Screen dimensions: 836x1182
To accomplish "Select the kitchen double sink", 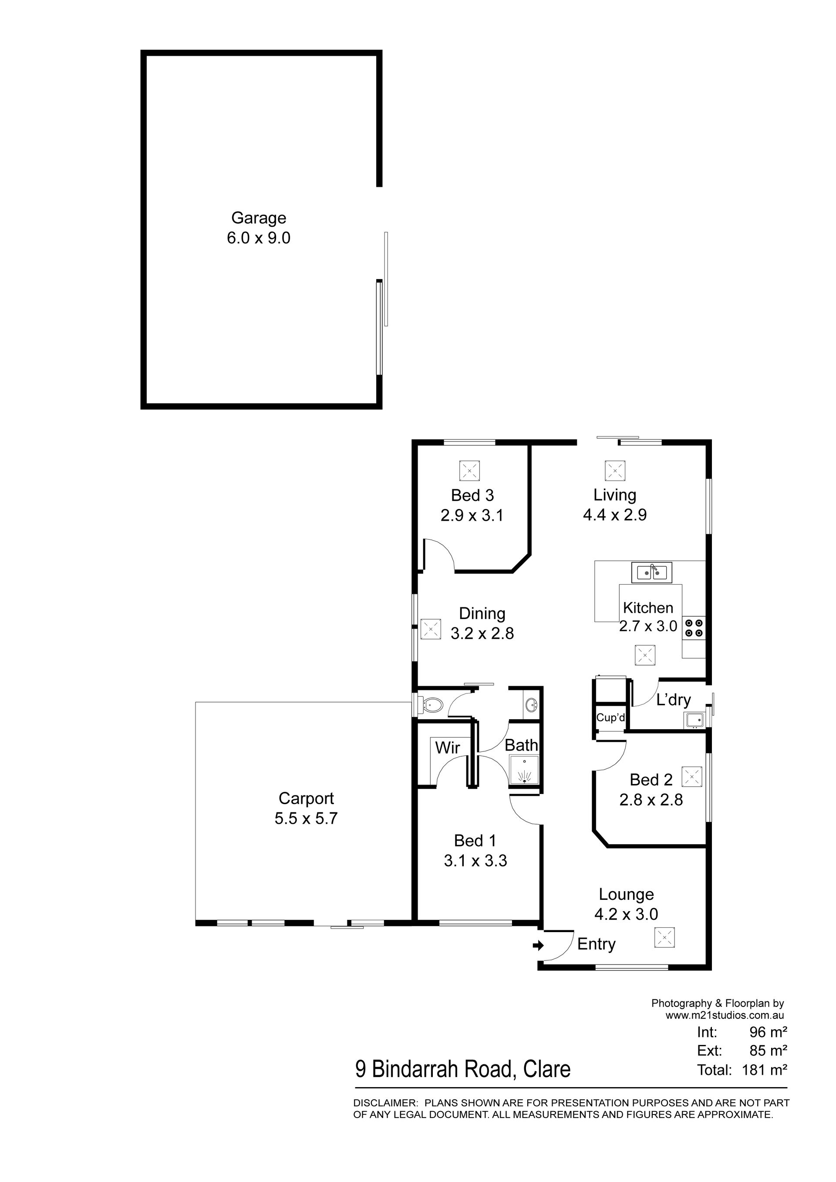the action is (652, 572).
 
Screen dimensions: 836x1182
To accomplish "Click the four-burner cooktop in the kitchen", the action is (694, 627).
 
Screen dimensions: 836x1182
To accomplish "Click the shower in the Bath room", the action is (524, 770).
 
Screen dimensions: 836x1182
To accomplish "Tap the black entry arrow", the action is (538, 945).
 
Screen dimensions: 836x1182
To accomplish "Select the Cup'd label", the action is (610, 717).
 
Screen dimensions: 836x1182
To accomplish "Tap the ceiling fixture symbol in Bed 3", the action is (469, 471).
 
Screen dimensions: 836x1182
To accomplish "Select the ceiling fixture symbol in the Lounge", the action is (664, 937).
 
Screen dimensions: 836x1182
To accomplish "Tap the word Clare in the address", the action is (547, 1069).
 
